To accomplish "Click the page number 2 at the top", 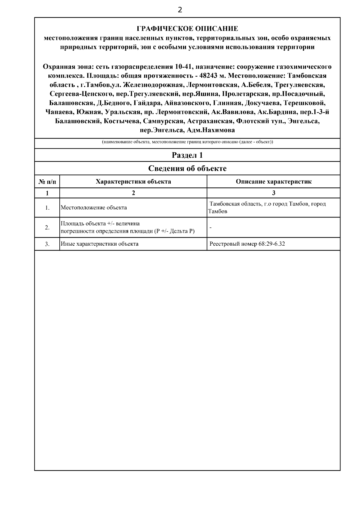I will [180, 10].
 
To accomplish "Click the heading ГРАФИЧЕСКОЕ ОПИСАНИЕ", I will [187, 29].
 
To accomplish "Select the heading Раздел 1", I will [187, 155].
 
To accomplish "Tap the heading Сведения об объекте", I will [187, 168].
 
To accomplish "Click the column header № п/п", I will [47, 182].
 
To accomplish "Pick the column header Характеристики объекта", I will [133, 182].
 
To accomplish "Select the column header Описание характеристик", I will [273, 182].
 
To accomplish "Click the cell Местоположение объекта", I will [94, 208].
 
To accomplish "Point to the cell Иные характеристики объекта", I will [100, 244].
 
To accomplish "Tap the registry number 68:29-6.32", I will [271, 244].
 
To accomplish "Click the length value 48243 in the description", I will [209, 76].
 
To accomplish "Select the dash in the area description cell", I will [211, 228].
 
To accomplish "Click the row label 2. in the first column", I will [47, 228].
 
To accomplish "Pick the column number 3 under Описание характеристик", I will [273, 193].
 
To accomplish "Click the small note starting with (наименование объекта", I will [187, 142].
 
